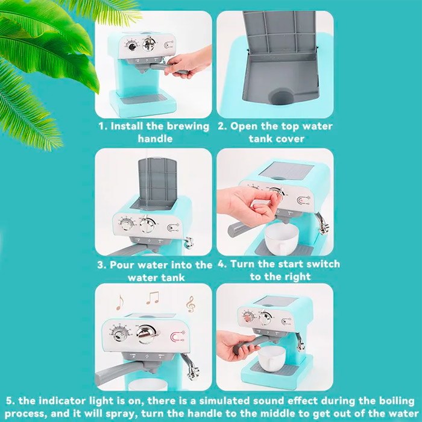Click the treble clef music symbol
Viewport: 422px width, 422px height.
[x=191, y=304]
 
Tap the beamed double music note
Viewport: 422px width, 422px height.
[x=153, y=298]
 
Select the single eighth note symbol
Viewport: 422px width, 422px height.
[x=119, y=302]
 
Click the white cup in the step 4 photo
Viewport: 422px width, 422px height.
[x=281, y=239]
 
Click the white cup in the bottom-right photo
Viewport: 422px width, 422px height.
[x=271, y=359]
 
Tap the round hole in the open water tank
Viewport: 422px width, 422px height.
[x=281, y=97]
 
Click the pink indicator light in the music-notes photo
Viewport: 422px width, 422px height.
[x=178, y=336]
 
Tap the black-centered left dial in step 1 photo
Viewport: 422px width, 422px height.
[x=132, y=46]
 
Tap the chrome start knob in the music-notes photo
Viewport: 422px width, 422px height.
[x=146, y=334]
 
